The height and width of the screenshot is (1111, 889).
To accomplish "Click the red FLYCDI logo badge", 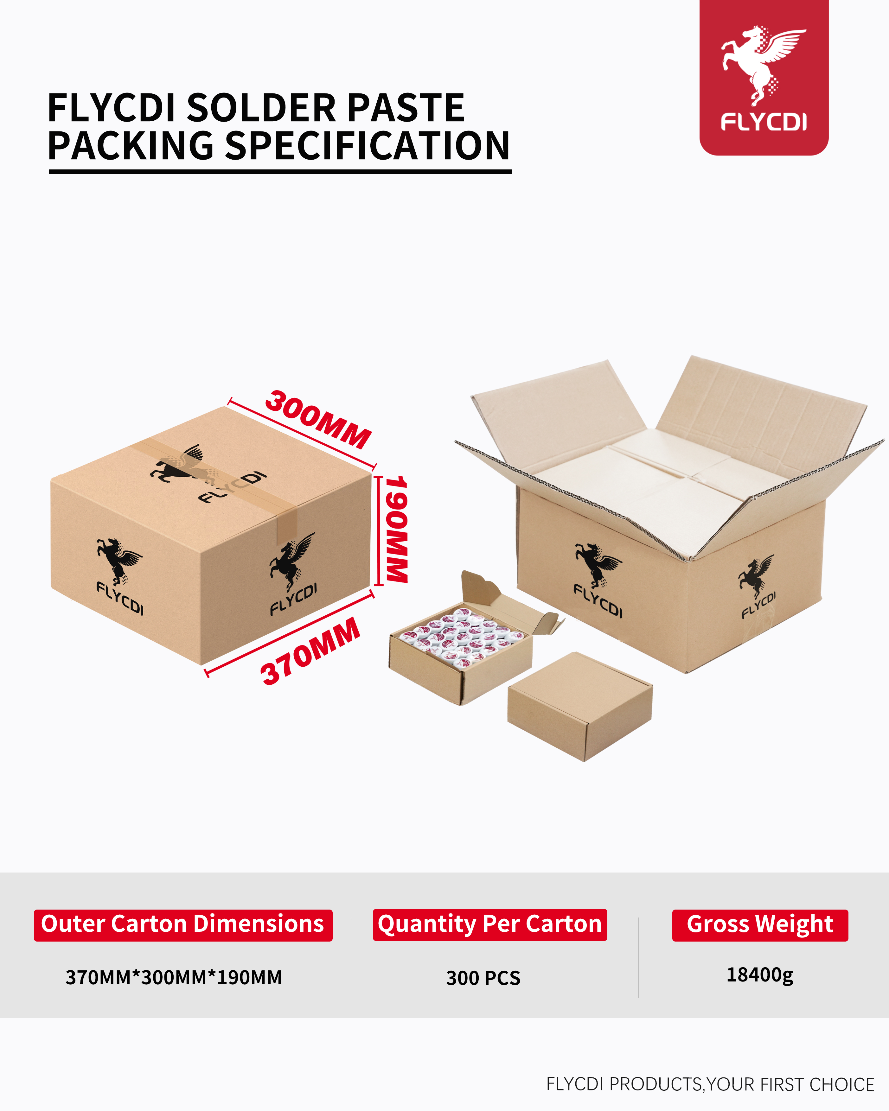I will point(763,77).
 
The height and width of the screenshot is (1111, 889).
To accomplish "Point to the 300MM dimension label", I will point(318,419).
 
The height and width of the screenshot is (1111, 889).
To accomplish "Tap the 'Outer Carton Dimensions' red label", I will point(183,924).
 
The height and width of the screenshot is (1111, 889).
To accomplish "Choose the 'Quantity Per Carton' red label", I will point(489,924).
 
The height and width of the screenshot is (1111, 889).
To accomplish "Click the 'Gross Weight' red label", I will point(760,924).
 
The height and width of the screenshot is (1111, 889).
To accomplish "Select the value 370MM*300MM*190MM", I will point(174,978).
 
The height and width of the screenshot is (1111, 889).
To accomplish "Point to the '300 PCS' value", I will point(483,978).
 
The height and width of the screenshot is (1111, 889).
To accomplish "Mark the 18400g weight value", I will point(760,975).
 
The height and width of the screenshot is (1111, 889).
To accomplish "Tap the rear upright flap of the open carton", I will point(762,407).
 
